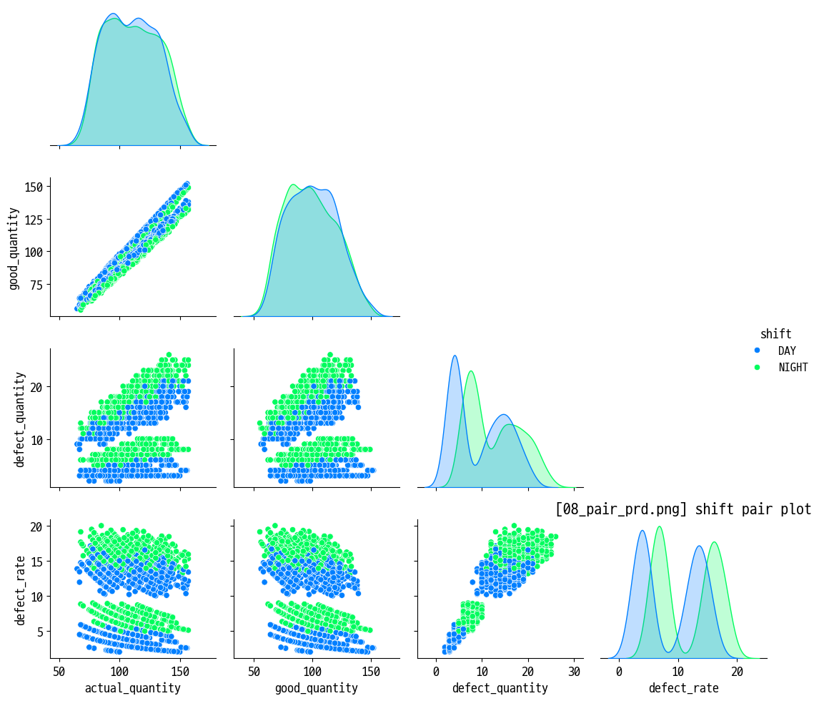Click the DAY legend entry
[x=786, y=350]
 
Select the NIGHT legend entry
[x=793, y=368]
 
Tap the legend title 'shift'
[x=775, y=334]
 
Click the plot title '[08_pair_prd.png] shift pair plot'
[x=682, y=509]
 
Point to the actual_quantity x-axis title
[x=133, y=688]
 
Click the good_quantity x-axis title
[x=317, y=688]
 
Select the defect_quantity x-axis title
[x=500, y=688]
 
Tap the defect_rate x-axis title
[x=683, y=688]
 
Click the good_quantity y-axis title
[x=14, y=248]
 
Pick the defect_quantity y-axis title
[x=19, y=419]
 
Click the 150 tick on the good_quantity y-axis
[x=34, y=187]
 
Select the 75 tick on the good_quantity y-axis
[x=37, y=285]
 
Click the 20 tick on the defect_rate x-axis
[x=738, y=672]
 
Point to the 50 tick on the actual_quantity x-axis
[x=59, y=672]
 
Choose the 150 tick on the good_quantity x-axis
[x=371, y=672]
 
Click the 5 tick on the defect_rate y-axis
[x=40, y=631]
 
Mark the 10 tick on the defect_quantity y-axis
[x=37, y=439]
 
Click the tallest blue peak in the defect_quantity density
[x=455, y=356]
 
